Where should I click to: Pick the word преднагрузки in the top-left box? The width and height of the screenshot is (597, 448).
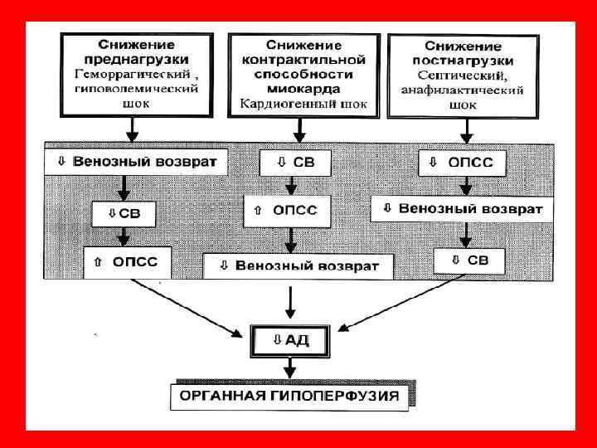click(143, 60)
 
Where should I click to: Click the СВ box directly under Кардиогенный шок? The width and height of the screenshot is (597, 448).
click(298, 163)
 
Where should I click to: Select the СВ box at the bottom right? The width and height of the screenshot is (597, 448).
click(468, 261)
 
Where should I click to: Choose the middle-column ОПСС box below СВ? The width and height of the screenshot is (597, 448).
click(286, 211)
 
